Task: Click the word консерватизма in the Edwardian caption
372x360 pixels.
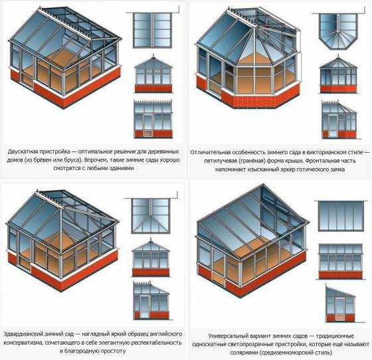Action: [x=23, y=343]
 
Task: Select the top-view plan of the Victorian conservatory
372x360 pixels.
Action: [x=338, y=31]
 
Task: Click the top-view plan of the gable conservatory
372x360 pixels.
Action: [x=152, y=30]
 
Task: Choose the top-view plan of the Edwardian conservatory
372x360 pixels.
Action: [x=150, y=216]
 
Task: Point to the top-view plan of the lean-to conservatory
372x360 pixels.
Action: [x=340, y=216]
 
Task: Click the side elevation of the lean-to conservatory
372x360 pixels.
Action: [x=341, y=303]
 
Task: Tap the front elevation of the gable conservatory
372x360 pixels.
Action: [x=153, y=74]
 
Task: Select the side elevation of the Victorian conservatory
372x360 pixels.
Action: [x=339, y=120]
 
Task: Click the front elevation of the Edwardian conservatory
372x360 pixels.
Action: [x=150, y=258]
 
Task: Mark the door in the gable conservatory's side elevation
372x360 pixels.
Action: [x=147, y=126]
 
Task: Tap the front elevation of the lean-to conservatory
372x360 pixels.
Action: [x=340, y=261]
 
